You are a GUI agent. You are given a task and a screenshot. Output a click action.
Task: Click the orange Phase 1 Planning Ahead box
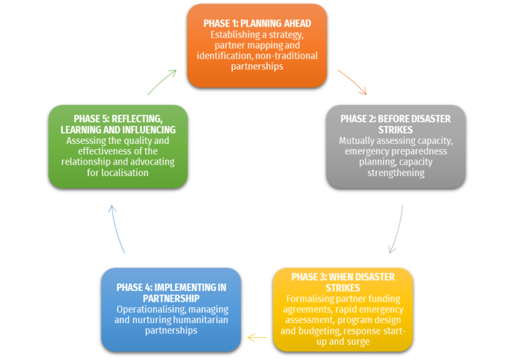257,46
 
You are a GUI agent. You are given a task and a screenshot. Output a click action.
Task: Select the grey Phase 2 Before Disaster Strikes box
396,146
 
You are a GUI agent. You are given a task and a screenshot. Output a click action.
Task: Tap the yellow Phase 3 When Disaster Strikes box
343,309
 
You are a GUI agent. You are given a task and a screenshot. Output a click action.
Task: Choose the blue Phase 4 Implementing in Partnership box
171,309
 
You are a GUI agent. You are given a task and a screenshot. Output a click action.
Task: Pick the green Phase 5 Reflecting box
118,146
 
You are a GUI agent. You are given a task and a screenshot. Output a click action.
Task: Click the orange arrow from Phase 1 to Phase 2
353,82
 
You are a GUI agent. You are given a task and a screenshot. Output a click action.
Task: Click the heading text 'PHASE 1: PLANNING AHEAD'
257,23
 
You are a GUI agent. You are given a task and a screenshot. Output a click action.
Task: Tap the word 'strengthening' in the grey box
396,173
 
